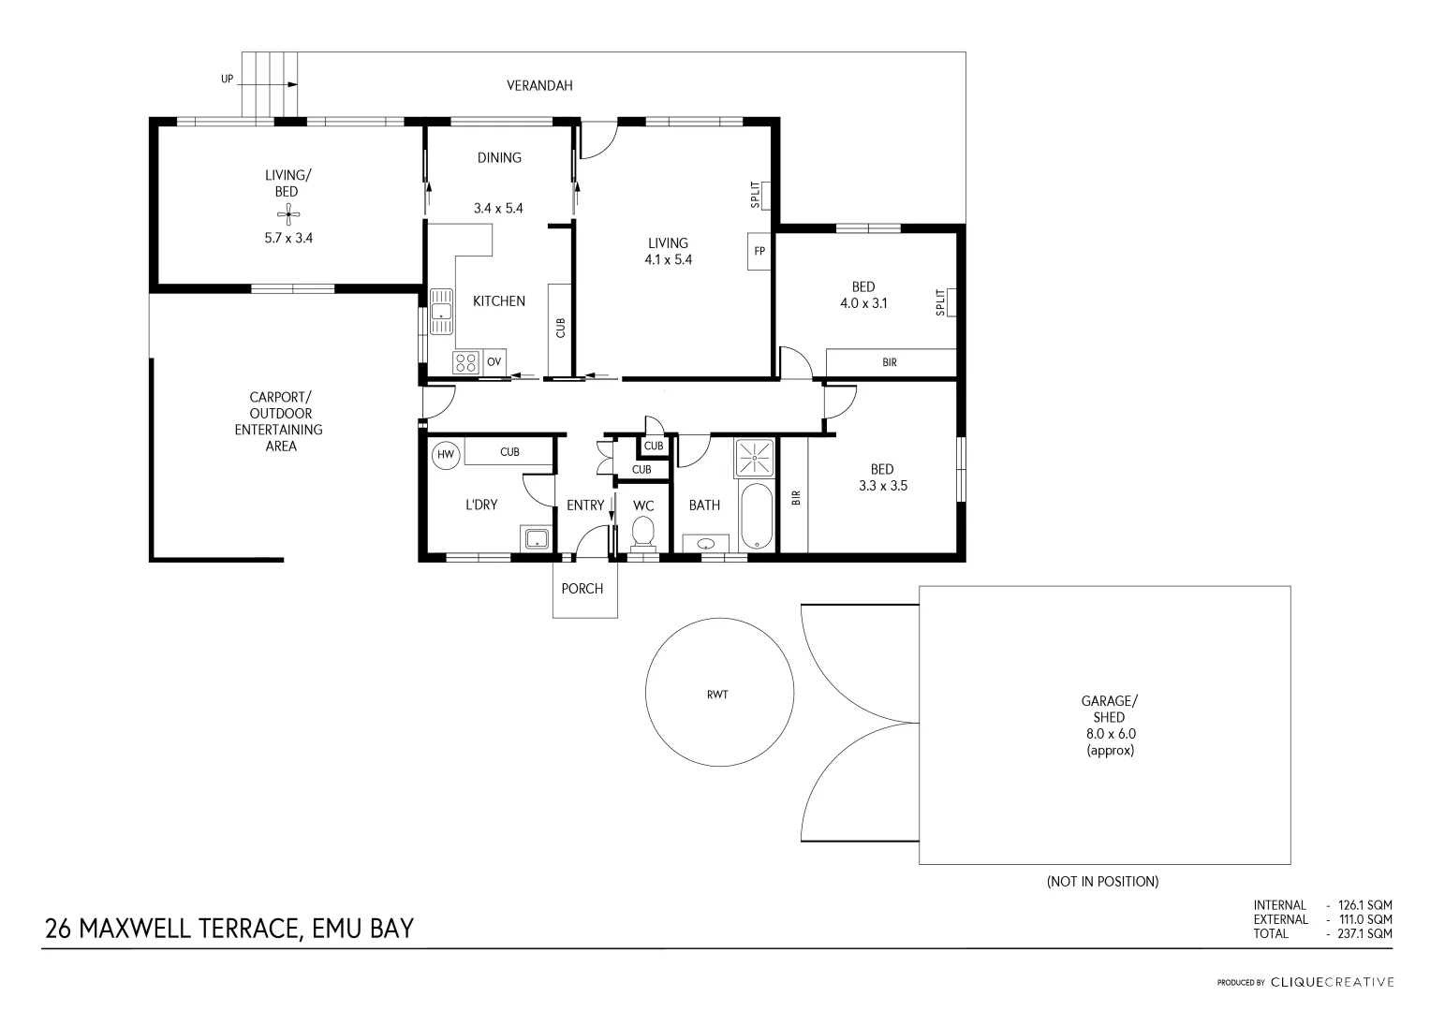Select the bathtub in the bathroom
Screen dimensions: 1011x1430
coord(756,518)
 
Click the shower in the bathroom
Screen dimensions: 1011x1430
coord(754,458)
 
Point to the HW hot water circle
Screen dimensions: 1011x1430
coord(446,455)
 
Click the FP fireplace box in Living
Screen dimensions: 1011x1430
coord(759,251)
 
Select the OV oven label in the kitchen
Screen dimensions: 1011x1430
coord(494,362)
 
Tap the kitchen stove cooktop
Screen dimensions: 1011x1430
coord(465,362)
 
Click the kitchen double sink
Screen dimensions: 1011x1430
coord(441,312)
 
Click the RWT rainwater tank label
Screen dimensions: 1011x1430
coord(718,695)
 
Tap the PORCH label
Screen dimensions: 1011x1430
coord(582,589)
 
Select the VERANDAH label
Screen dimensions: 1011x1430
coord(539,85)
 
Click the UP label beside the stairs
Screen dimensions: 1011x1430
coord(227,80)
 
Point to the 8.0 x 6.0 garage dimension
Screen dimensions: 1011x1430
coord(1110,734)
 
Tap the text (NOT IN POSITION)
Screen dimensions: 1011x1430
coord(1102,881)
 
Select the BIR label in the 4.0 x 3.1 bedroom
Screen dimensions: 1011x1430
coord(889,361)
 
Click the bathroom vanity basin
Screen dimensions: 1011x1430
coord(706,543)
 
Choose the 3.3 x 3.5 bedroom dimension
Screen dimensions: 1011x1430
coord(882,486)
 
